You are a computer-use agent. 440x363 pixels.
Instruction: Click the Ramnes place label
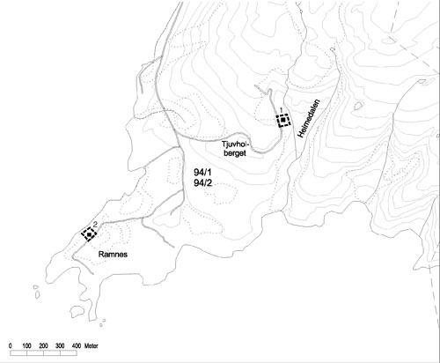click(x=113, y=255)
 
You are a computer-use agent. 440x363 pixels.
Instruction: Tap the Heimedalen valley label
click(x=309, y=119)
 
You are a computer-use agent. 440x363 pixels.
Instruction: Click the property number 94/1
click(x=202, y=172)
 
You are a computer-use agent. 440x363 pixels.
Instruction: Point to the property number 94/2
click(x=202, y=183)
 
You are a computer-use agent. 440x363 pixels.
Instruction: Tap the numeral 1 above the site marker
click(x=281, y=110)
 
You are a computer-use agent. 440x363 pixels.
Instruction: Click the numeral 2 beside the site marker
click(x=95, y=225)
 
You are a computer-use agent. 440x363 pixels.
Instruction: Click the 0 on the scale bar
click(x=11, y=345)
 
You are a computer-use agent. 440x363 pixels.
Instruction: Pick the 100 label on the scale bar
click(x=26, y=345)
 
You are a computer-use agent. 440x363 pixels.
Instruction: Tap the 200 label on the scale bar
click(x=43, y=345)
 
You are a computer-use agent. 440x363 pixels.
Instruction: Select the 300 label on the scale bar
click(x=60, y=345)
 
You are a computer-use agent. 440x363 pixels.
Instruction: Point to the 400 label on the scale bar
click(x=77, y=345)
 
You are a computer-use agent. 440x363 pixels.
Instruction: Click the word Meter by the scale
click(x=92, y=345)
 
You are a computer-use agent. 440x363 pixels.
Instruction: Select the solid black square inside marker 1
click(x=283, y=120)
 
